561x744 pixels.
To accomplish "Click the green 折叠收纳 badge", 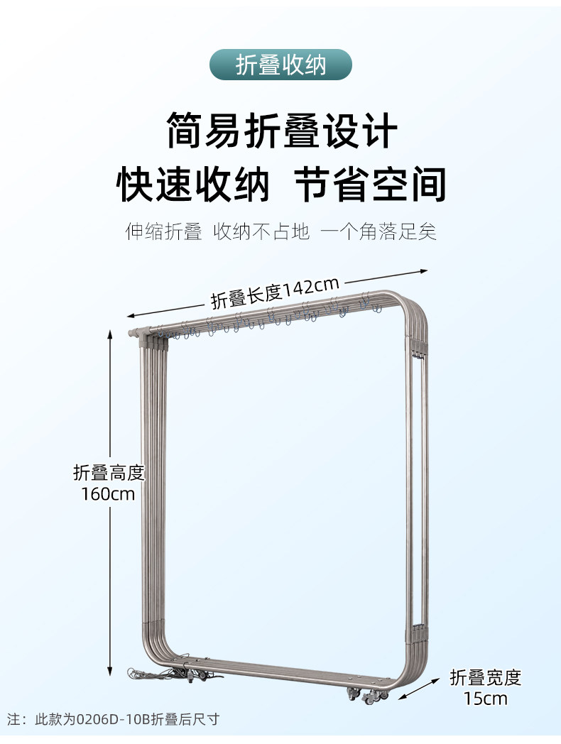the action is (x=280, y=65).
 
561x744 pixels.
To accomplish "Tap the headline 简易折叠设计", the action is (x=281, y=130).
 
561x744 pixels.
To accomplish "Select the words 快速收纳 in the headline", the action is (x=193, y=184).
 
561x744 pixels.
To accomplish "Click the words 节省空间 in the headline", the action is (x=369, y=184).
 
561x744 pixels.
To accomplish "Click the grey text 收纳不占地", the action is (x=262, y=231).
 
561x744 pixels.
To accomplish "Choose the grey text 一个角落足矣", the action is (x=378, y=231).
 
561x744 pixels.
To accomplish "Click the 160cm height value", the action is (x=108, y=493).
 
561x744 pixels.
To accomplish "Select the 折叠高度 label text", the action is (x=109, y=472).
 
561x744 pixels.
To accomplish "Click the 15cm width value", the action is (x=486, y=699).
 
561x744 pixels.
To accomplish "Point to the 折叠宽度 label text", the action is (x=486, y=677).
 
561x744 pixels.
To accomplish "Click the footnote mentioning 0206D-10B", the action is (x=114, y=719).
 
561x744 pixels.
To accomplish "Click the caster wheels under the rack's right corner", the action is (x=368, y=696).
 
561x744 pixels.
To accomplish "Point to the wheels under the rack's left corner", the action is (x=197, y=673).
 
